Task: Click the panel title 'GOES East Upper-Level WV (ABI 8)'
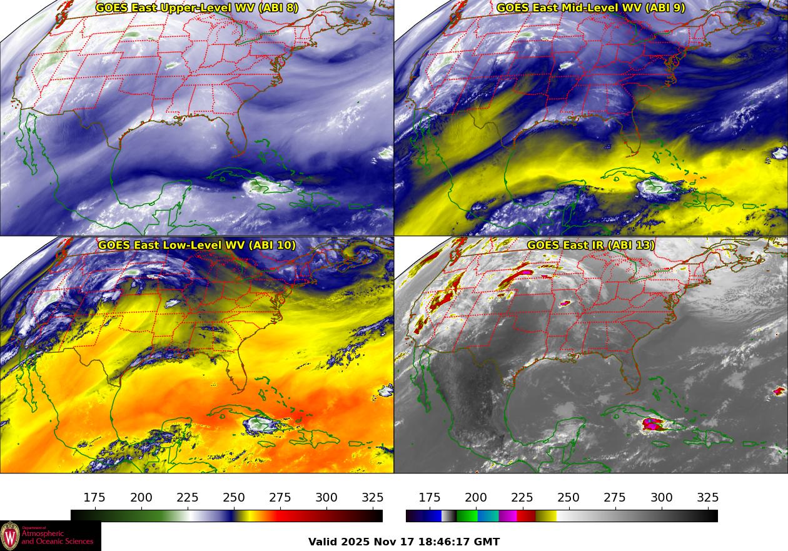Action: pos(197,8)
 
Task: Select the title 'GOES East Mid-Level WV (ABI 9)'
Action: pos(590,8)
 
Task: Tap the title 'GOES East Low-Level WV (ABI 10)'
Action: pos(197,245)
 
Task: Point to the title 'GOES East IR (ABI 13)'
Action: pos(590,245)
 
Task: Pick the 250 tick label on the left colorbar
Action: pos(234,498)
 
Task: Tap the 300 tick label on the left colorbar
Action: pos(326,498)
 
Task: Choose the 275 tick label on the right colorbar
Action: pos(615,498)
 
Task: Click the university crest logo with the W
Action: pos(10,536)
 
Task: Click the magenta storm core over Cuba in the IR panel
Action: pos(652,424)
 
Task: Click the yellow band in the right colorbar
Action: pos(547,516)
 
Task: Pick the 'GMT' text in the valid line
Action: pos(487,542)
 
